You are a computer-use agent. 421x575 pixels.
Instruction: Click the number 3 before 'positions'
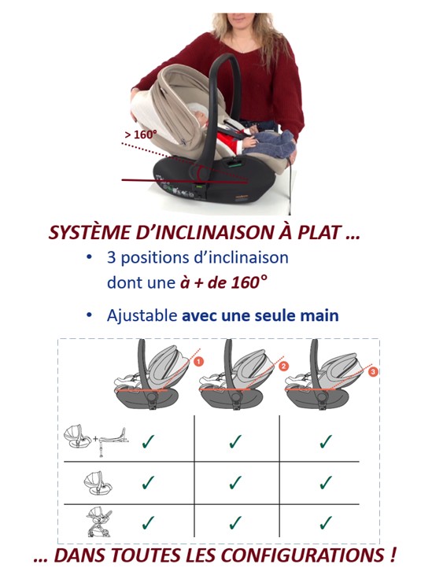pyautogui.click(x=112, y=258)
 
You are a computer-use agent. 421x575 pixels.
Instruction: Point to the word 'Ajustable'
pyautogui.click(x=142, y=315)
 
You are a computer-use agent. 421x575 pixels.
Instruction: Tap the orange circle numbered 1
pyautogui.click(x=198, y=362)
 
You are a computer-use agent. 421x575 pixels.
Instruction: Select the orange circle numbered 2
pyautogui.click(x=283, y=366)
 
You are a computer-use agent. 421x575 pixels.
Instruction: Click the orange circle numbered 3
pyautogui.click(x=373, y=372)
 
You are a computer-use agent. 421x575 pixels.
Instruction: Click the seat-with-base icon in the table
pyautogui.click(x=96, y=440)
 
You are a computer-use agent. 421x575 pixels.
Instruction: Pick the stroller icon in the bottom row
pyautogui.click(x=99, y=522)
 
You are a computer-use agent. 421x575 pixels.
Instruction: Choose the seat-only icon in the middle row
pyautogui.click(x=98, y=482)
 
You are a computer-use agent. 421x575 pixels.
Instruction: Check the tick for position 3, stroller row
pyautogui.click(x=326, y=522)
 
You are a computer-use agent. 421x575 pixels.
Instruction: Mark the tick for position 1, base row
pyautogui.click(x=148, y=441)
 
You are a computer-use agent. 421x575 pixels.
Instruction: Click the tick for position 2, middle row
pyautogui.click(x=235, y=482)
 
